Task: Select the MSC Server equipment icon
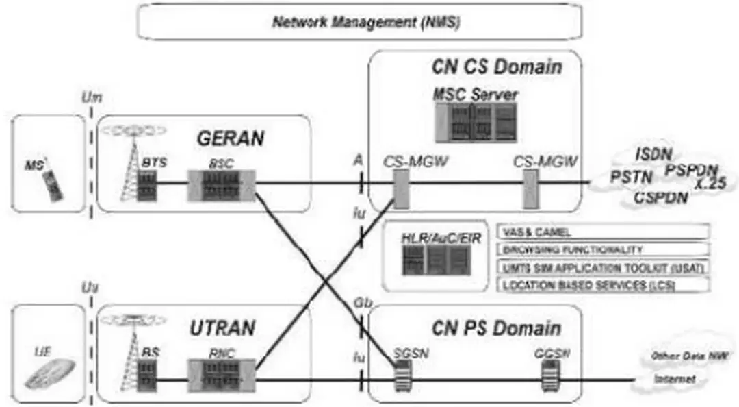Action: tap(475, 122)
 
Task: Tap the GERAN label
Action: tap(231, 138)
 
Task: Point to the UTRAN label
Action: tap(222, 328)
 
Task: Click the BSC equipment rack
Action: tap(221, 185)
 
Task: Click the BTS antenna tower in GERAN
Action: tap(129, 175)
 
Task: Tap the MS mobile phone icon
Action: tap(53, 184)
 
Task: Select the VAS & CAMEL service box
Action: tap(603, 232)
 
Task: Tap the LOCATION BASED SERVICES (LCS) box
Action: tap(603, 285)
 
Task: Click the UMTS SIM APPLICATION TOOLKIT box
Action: tap(603, 267)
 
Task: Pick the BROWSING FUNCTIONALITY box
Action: tap(603, 250)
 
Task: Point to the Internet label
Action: tap(675, 379)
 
